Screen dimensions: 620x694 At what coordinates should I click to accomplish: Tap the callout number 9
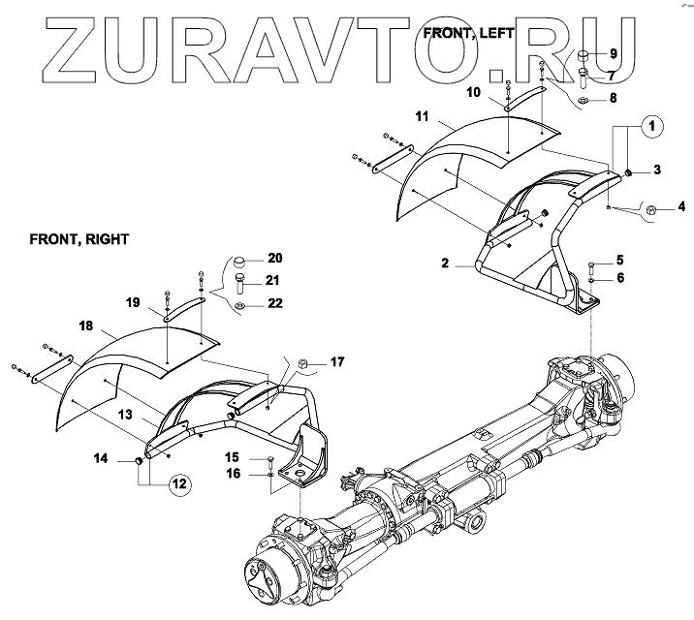tap(613, 51)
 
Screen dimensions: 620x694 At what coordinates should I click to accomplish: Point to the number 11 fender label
tap(423, 116)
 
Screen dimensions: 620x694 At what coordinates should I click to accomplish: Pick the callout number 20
tap(274, 259)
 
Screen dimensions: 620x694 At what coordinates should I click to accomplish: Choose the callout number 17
tap(337, 362)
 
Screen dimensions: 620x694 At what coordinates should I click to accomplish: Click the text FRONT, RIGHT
tap(79, 236)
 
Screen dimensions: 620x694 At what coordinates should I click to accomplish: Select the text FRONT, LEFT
tap(469, 34)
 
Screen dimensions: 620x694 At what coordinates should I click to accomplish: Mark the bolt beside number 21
tap(239, 283)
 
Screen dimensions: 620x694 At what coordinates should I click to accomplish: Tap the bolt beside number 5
tap(590, 264)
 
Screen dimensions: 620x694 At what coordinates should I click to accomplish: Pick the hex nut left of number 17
tap(302, 363)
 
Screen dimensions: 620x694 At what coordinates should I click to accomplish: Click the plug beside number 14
tap(139, 463)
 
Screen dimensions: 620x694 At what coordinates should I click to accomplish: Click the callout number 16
tap(232, 473)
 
